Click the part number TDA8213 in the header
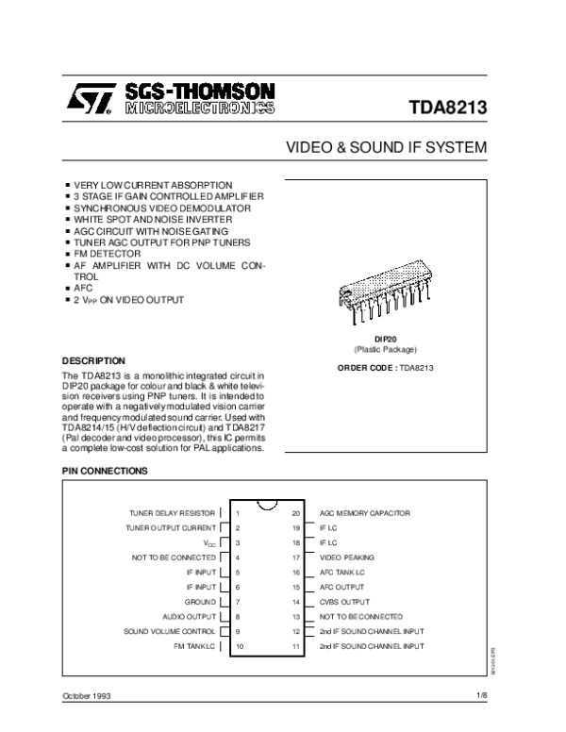(x=447, y=107)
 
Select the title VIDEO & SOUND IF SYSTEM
(x=386, y=149)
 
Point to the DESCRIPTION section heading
(x=93, y=360)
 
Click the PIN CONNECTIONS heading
(x=104, y=470)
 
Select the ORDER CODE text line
(x=385, y=368)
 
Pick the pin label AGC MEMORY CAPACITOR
(x=365, y=512)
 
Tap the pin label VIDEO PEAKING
(x=347, y=557)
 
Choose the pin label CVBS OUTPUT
(x=344, y=601)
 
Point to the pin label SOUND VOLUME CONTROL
(x=170, y=630)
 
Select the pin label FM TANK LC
(x=194, y=646)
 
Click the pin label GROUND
(x=199, y=601)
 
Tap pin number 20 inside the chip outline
(x=296, y=512)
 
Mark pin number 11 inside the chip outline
(x=296, y=646)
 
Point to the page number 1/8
(x=480, y=695)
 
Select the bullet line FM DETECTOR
(x=107, y=255)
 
